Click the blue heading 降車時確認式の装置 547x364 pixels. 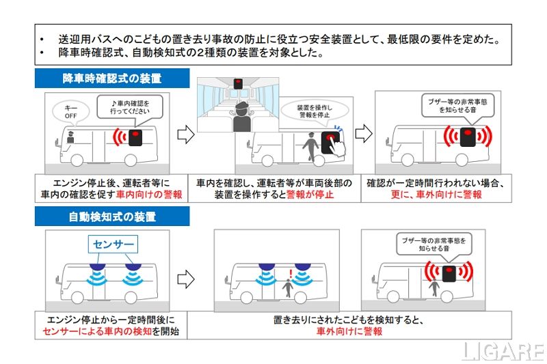point(111,78)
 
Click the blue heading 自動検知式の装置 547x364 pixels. point(111,218)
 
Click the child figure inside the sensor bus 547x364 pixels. point(290,289)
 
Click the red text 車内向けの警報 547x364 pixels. point(149,195)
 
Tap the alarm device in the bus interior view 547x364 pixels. point(238,84)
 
